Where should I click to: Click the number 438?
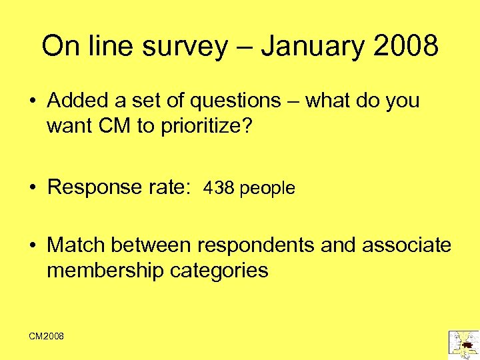point(219,189)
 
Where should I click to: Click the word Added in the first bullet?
point(75,101)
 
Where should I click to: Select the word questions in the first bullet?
point(235,101)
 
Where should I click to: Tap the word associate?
point(407,245)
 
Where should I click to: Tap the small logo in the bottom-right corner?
point(463,342)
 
